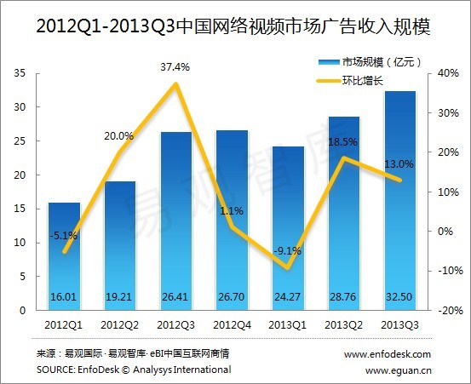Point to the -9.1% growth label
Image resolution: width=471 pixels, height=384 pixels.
(x=285, y=250)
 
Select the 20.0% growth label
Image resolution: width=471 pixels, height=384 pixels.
(x=118, y=135)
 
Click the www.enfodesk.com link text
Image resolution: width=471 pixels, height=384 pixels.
(x=388, y=353)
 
